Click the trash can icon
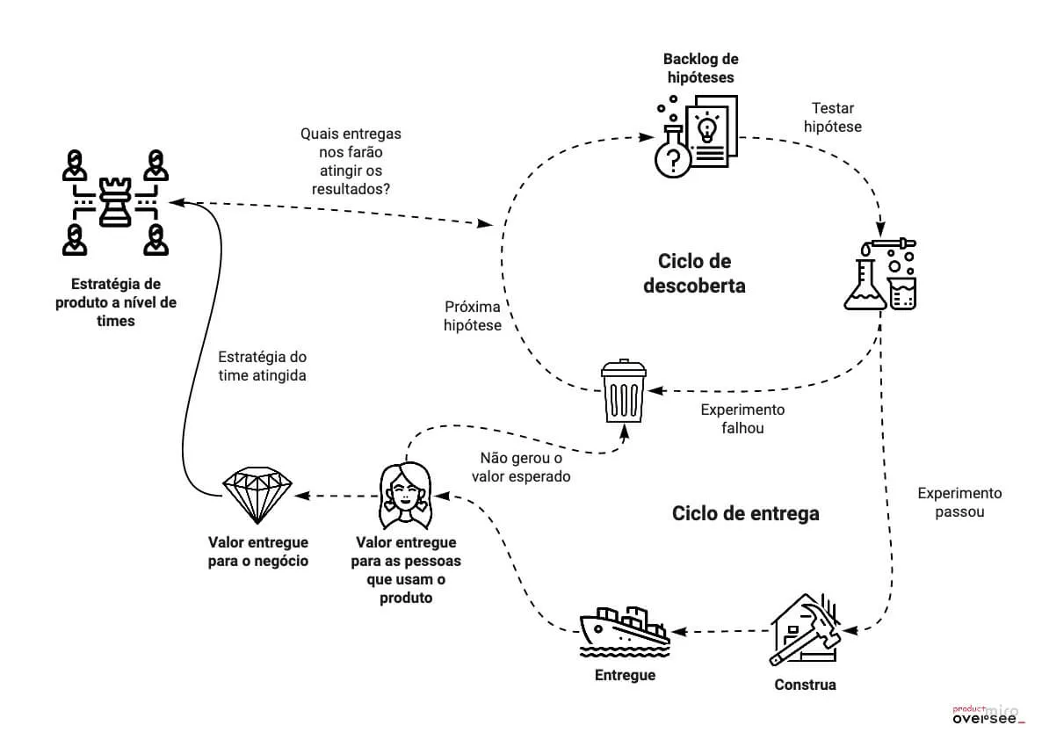tap(623, 391)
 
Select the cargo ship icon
tap(625, 631)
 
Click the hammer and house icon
tap(805, 629)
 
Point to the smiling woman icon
tap(405, 496)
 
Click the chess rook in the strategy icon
tap(115, 202)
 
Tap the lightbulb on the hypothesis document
tap(706, 127)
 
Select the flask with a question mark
tap(672, 152)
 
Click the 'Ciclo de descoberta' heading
tap(694, 273)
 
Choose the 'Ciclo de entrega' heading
tap(746, 513)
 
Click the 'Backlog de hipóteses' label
tap(700, 69)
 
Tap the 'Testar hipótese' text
tap(833, 117)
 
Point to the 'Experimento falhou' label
tap(742, 419)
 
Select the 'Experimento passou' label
tap(959, 503)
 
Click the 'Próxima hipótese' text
tap(473, 316)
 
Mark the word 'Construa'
tap(805, 685)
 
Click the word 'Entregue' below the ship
tap(625, 676)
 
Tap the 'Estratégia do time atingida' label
tap(263, 366)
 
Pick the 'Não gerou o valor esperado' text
tap(521, 468)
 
